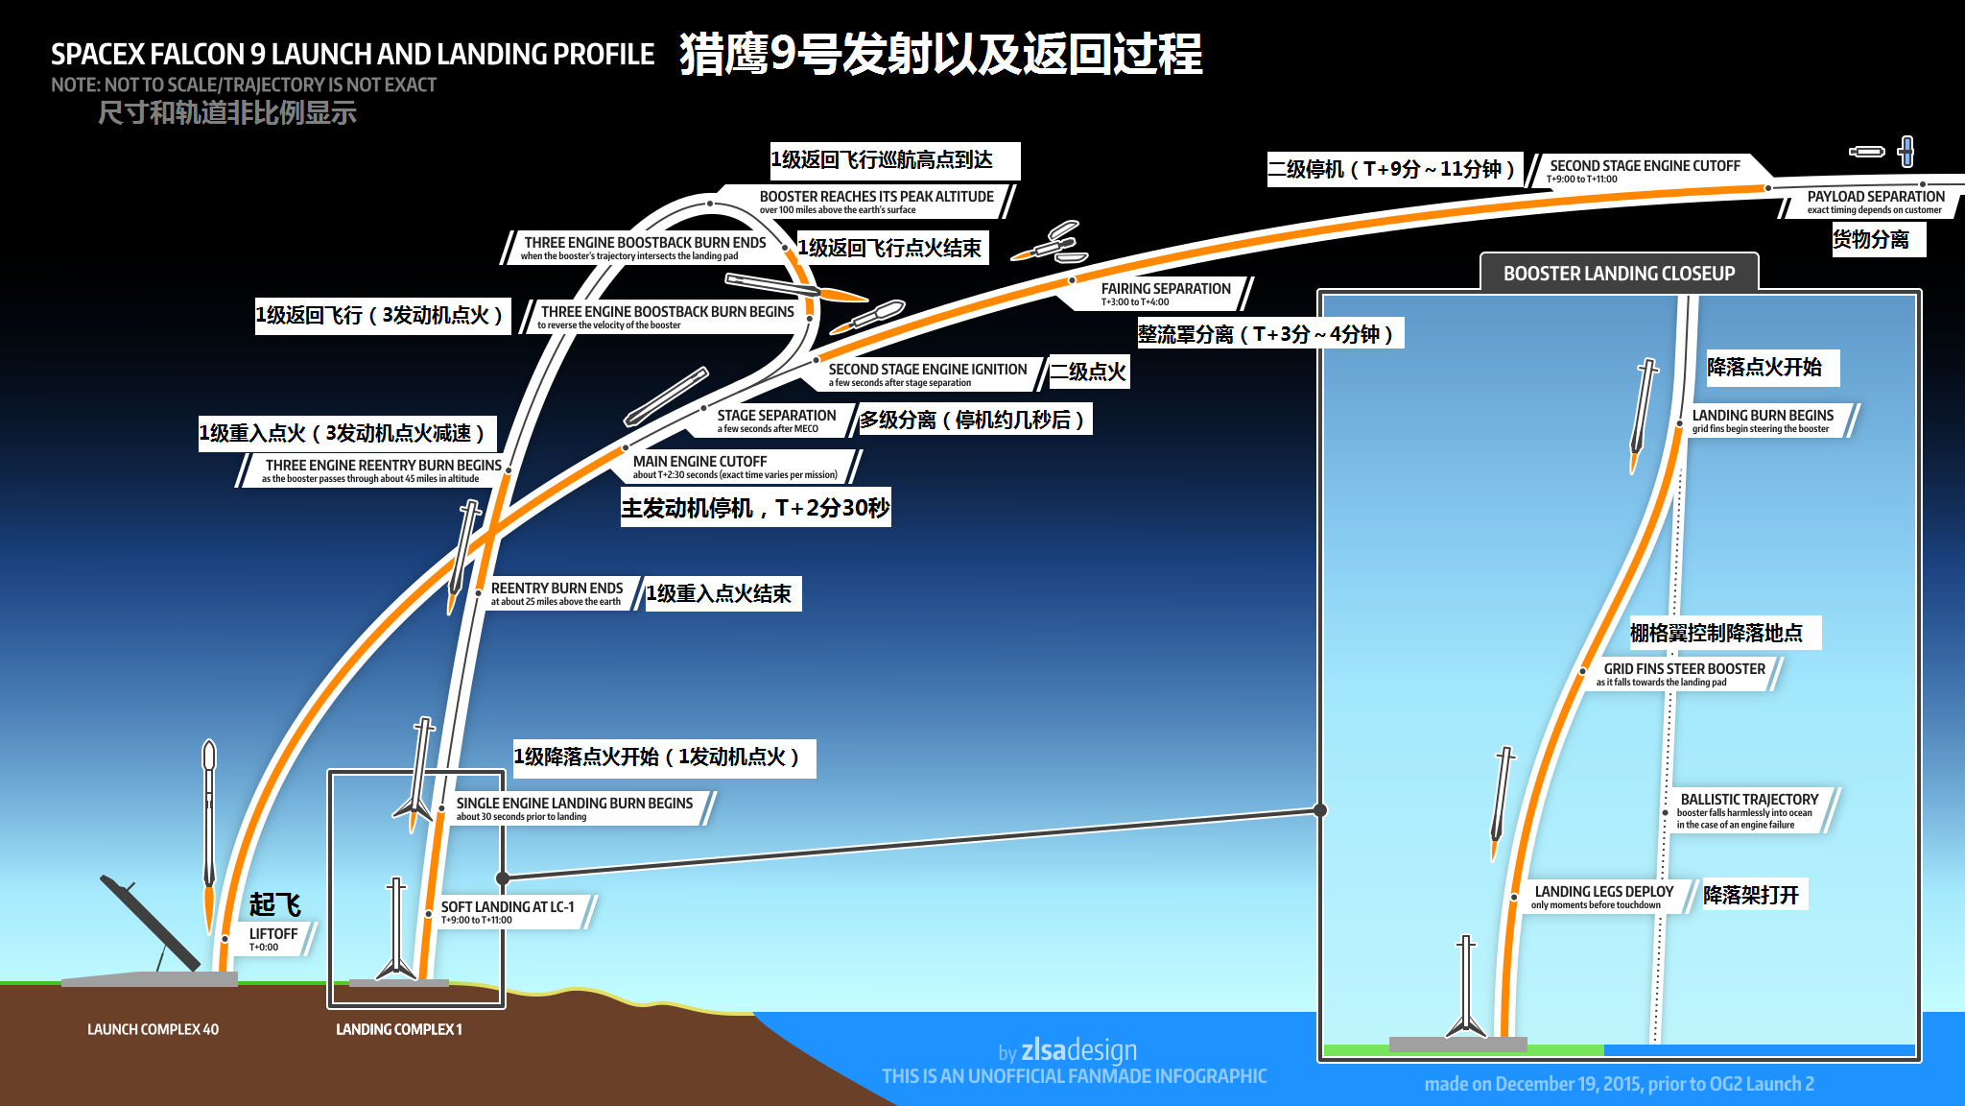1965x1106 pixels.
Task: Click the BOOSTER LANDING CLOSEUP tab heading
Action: (1619, 274)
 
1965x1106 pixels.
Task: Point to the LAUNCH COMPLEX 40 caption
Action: (153, 1029)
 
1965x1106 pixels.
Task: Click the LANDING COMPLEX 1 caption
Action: (398, 1029)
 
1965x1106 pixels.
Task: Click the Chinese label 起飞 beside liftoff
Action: (274, 904)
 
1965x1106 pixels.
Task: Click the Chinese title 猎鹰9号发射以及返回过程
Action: (940, 54)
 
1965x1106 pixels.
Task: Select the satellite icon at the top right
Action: (1906, 152)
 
